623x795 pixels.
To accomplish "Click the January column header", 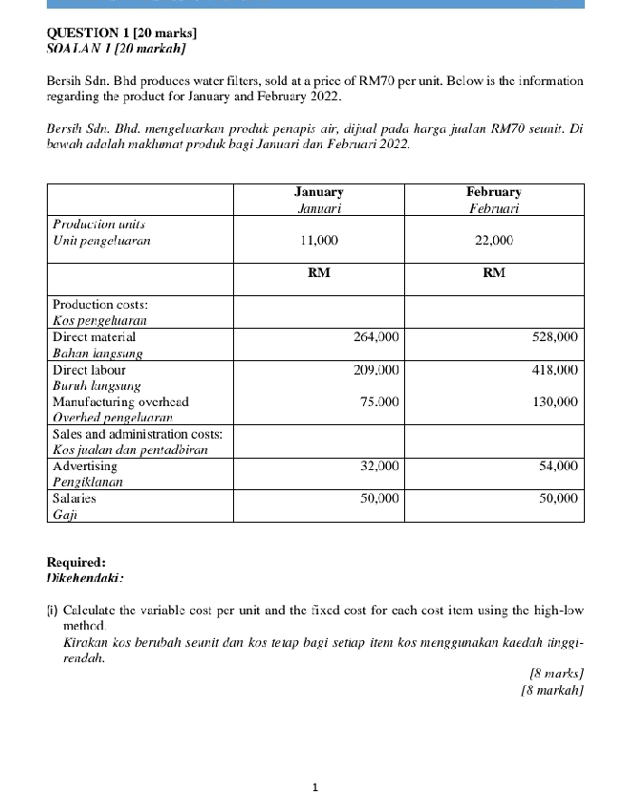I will [x=319, y=192].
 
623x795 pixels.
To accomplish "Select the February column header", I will [x=494, y=192].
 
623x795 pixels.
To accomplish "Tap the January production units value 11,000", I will [x=319, y=241].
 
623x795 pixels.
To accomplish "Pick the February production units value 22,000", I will [x=494, y=241].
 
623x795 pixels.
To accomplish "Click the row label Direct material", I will [x=94, y=336].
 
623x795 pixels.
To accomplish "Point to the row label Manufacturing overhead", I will [x=120, y=402].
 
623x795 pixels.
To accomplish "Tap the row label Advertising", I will [x=85, y=466].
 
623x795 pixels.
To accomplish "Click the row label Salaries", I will [x=74, y=498].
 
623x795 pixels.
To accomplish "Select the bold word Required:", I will [x=76, y=563].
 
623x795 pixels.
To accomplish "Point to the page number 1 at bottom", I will [x=314, y=787].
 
